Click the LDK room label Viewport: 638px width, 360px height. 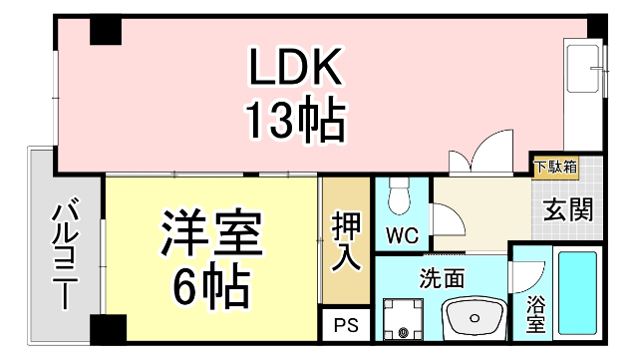click(x=296, y=70)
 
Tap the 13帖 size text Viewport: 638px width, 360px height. click(x=296, y=122)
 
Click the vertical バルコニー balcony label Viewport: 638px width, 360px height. click(x=67, y=253)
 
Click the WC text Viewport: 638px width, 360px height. click(x=402, y=237)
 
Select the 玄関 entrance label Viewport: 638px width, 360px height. click(x=568, y=210)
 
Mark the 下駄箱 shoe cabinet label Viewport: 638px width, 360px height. click(x=554, y=167)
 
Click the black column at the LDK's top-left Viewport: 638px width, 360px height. click(x=105, y=33)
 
